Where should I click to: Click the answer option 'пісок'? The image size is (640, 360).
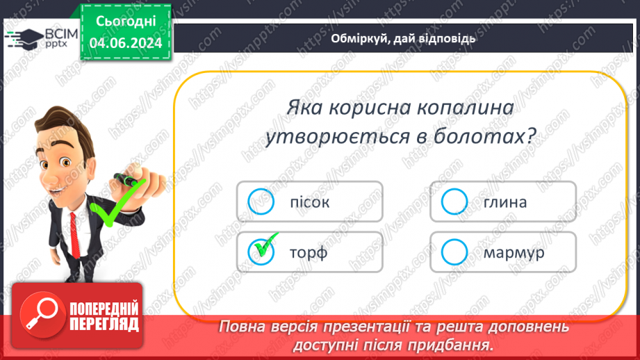click(309, 202)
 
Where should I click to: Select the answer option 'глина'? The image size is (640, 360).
click(505, 202)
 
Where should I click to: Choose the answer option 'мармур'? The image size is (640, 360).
click(514, 252)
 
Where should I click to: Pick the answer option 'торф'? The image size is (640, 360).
click(309, 252)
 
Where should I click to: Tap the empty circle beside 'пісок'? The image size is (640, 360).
click(261, 202)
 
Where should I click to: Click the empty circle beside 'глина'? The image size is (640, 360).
click(454, 202)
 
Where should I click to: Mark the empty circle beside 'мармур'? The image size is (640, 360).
click(454, 252)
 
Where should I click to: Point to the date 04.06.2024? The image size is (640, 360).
click(126, 44)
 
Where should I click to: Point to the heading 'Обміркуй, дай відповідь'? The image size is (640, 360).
click(403, 38)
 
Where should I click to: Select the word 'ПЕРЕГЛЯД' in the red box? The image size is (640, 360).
click(104, 324)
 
